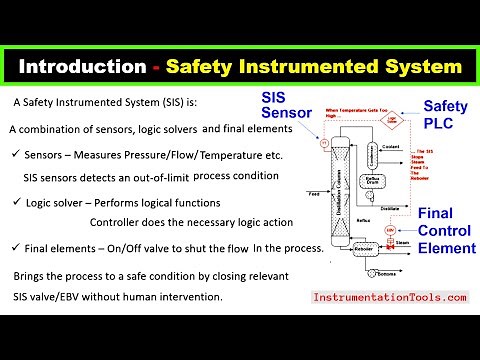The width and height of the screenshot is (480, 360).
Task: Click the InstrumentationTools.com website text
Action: tap(390, 297)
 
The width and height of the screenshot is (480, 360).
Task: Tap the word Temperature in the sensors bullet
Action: tap(207, 156)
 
